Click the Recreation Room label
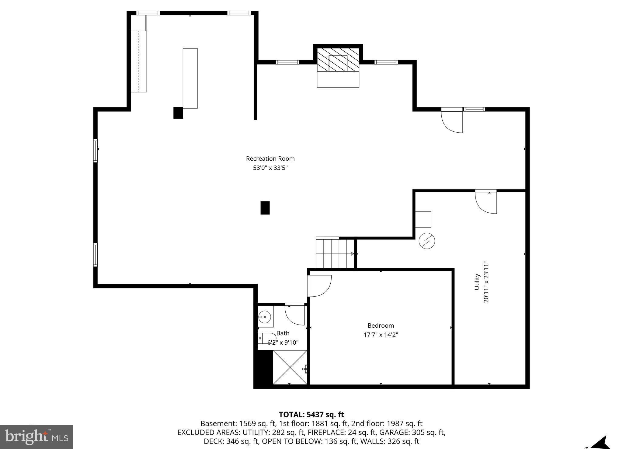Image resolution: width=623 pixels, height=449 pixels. coord(270,158)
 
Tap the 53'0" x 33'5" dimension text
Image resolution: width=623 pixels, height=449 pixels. coord(270,168)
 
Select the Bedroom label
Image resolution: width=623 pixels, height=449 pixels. coord(381,325)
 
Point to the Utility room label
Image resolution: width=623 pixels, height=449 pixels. coord(477,282)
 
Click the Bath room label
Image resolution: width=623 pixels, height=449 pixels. coord(283,333)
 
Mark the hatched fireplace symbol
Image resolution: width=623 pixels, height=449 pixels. coord(338,60)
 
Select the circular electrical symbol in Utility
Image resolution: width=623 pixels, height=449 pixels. coord(426,241)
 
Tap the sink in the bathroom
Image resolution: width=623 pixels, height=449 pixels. coord(265,317)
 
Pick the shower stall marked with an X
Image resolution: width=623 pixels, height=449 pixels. coord(290,367)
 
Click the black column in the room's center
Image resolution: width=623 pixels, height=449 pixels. coord(265,208)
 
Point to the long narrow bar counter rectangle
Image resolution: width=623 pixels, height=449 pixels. coord(190,78)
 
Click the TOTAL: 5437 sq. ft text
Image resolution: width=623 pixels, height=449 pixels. coord(311,415)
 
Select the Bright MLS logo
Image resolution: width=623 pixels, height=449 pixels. coord(36,437)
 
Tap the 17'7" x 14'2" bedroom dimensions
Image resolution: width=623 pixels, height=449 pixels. coord(381,335)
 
